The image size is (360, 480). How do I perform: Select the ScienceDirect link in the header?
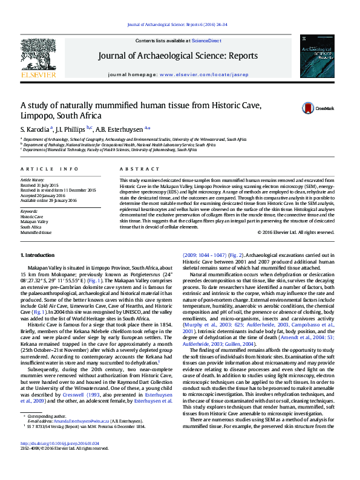click(x=206, y=41)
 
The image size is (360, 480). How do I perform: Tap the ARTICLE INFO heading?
click(x=50, y=169)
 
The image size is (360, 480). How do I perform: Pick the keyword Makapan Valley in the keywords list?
click(x=35, y=221)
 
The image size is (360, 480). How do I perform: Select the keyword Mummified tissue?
click(x=36, y=232)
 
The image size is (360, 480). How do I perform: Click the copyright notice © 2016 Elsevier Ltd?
click(x=295, y=232)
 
